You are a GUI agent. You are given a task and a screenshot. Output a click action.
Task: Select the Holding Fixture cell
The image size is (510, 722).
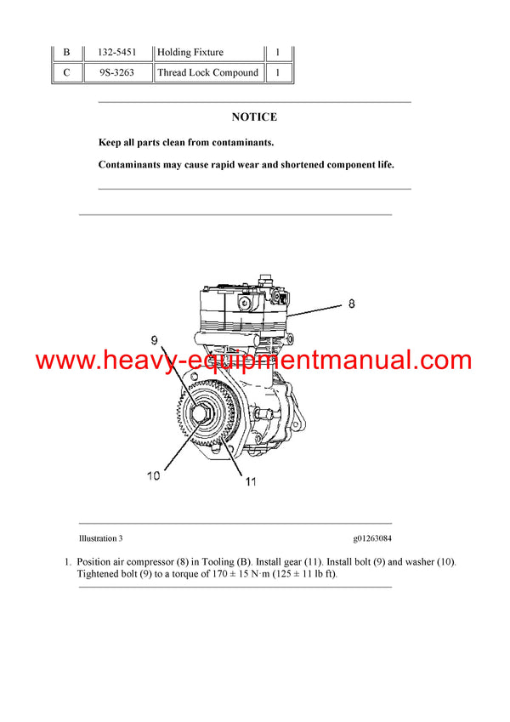(190, 52)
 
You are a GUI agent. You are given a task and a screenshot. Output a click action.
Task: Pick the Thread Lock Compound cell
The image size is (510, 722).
(207, 73)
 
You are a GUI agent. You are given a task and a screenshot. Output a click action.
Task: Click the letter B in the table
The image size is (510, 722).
(66, 52)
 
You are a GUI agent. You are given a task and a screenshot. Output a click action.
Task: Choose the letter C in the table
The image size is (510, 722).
(66, 73)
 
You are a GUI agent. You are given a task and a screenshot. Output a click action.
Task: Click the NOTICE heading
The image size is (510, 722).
(254, 117)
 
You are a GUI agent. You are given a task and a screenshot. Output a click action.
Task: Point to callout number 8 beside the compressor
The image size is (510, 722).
(352, 303)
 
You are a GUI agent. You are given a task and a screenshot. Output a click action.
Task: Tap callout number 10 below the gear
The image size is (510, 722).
(153, 476)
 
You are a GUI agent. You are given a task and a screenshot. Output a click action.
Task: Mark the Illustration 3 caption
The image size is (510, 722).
(100, 538)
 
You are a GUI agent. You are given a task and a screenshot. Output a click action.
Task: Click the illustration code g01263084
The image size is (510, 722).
(372, 538)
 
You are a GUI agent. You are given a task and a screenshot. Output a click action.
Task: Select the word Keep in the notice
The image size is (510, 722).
(110, 142)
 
